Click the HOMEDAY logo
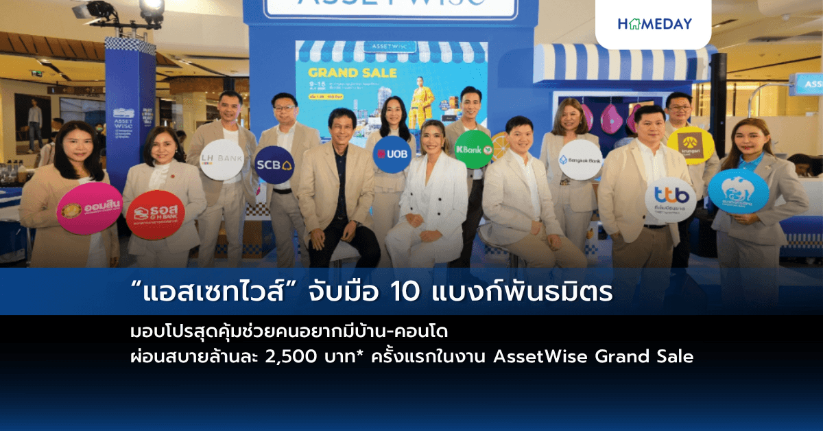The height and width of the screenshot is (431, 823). pyautogui.click(x=654, y=24)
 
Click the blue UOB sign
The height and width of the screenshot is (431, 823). pyautogui.click(x=392, y=154)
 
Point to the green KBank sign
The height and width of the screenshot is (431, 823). pyautogui.click(x=474, y=149)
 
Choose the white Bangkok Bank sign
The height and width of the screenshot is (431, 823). pyautogui.click(x=580, y=160)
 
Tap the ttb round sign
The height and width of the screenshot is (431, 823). pyautogui.click(x=670, y=200)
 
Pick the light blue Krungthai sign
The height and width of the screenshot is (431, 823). pyautogui.click(x=738, y=190)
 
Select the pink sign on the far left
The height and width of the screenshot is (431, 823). pyautogui.click(x=89, y=208)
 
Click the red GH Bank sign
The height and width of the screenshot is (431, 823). pyautogui.click(x=155, y=215)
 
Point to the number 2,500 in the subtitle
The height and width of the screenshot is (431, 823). pyautogui.click(x=289, y=357)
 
